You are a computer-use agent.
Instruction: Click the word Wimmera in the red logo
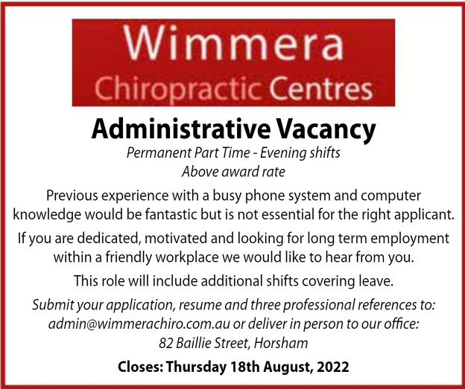pyautogui.click(x=233, y=42)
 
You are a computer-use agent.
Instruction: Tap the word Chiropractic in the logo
pyautogui.click(x=178, y=89)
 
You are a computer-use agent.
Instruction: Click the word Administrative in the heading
pyautogui.click(x=181, y=129)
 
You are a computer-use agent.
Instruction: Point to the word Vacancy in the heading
pyautogui.click(x=326, y=131)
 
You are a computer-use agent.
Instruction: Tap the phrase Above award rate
pyautogui.click(x=233, y=172)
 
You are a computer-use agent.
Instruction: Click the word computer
pyautogui.click(x=390, y=196)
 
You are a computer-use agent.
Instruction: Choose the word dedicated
pyautogui.click(x=109, y=239)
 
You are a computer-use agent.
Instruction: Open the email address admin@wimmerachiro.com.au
pyautogui.click(x=139, y=324)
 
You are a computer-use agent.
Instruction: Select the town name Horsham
pyautogui.click(x=281, y=343)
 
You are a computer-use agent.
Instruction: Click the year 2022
pyautogui.click(x=333, y=367)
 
